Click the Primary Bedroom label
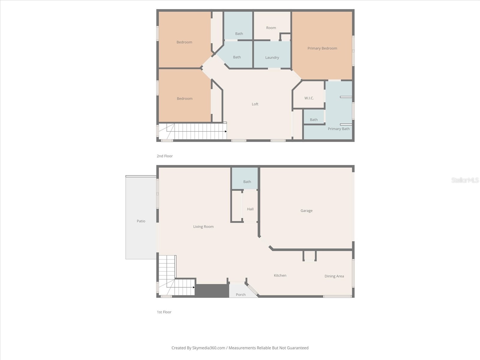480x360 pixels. [322, 48]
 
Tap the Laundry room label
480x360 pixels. [272, 58]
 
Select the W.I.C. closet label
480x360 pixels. [309, 98]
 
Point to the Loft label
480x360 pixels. [255, 104]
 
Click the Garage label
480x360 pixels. [306, 211]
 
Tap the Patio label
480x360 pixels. [141, 221]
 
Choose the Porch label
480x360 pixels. [241, 295]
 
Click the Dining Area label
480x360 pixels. [334, 276]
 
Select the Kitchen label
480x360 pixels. [280, 275]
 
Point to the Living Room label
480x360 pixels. [203, 227]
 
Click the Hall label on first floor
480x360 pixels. [250, 209]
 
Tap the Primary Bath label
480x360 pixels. [339, 129]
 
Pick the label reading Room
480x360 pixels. [271, 28]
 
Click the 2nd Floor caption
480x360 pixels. [165, 156]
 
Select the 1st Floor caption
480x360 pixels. [164, 312]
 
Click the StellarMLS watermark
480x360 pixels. [465, 180]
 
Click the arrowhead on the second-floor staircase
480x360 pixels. [226, 131]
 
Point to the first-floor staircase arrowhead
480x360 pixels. [194, 287]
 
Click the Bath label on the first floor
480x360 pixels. [247, 182]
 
